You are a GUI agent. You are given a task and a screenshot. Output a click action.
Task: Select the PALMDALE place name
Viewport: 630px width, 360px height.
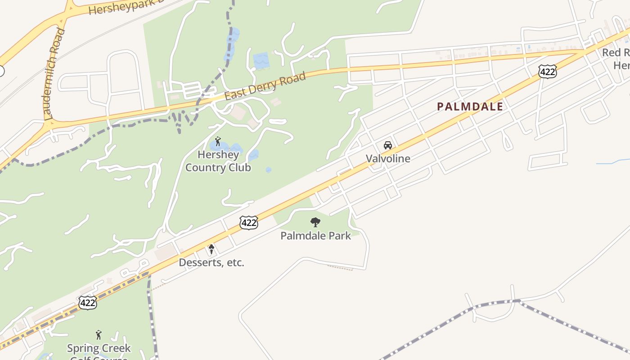[x=470, y=107]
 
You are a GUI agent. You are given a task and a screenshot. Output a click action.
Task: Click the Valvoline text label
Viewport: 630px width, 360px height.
[x=388, y=158]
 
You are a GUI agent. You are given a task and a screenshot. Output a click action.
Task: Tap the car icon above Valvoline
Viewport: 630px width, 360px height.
[x=387, y=145]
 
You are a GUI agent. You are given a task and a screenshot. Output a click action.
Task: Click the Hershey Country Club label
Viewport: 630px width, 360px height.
[x=218, y=161]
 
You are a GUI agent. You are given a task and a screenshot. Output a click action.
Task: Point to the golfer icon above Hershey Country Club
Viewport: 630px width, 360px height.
[x=218, y=141]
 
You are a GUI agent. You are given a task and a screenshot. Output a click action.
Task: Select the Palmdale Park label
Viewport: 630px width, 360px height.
[x=315, y=235]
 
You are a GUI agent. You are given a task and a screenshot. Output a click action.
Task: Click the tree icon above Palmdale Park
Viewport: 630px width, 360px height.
[x=315, y=222]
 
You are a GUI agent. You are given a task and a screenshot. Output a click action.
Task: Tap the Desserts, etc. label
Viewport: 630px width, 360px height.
[x=211, y=262]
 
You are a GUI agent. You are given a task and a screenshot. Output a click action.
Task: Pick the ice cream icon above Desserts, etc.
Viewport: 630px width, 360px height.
[x=211, y=249]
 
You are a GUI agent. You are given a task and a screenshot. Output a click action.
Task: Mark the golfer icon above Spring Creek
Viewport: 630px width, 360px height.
[x=99, y=335]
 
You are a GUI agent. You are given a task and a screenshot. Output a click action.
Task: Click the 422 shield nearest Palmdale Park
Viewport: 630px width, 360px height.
[x=248, y=222]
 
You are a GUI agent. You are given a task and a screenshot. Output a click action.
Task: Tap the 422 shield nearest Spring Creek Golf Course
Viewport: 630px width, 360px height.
[x=87, y=302]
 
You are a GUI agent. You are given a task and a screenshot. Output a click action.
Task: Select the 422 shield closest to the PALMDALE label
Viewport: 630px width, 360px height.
[x=547, y=71]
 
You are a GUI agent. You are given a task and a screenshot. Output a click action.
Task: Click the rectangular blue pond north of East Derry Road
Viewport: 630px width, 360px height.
[x=261, y=60]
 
